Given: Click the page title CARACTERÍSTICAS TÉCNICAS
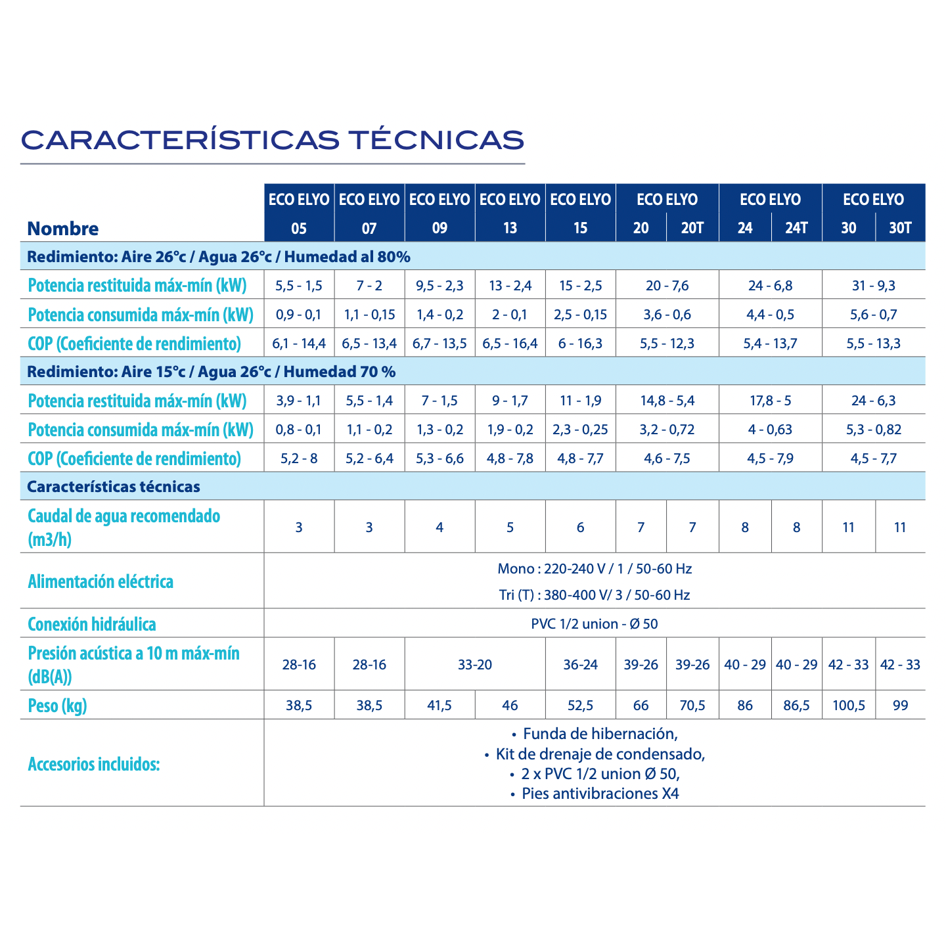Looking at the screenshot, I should coord(273,140).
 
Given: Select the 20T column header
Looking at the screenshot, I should coord(692,228).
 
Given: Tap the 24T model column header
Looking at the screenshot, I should coord(796,228).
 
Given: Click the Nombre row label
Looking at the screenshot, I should coord(63,229).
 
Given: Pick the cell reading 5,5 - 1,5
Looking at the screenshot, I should coord(299,286).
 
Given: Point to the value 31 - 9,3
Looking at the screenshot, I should coord(873,286).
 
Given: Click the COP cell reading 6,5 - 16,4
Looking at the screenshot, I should coord(510,344).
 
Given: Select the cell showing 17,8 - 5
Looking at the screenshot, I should coord(770,401).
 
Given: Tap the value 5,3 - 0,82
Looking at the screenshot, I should coord(873,430).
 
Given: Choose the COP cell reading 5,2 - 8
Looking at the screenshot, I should coord(299,459).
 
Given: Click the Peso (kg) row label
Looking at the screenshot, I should coord(58,706).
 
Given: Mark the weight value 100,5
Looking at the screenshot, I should coord(848,706).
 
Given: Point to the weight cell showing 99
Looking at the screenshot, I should coord(900,706).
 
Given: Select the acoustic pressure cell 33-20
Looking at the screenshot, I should coord(475,665).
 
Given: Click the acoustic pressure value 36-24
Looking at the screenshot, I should coord(580,665).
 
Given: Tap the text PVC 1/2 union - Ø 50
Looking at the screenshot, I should coord(594,624).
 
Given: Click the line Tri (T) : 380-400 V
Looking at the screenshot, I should coord(594,595).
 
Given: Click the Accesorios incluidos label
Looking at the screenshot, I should coord(94,765).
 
